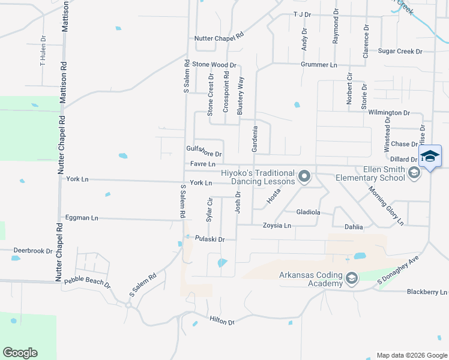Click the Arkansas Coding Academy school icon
352,277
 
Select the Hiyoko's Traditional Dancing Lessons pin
304,176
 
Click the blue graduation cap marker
430,157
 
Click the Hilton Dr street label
221,322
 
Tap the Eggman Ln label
82,218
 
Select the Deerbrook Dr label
32,250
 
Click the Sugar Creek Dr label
400,52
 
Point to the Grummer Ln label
319,65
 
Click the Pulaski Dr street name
209,239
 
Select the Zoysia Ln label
277,226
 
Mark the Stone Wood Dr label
214,65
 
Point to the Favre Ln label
203,163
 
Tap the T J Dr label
302,14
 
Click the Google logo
20,353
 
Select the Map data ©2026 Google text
411,355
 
